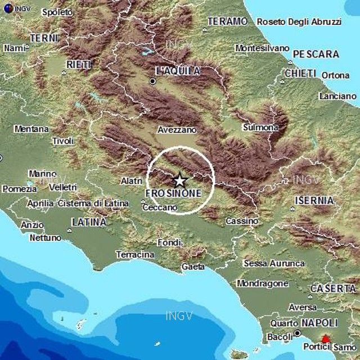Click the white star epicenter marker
point(179,181)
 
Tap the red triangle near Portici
point(325,339)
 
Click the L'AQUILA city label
point(177,71)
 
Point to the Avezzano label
point(177,129)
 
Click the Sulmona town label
point(260,128)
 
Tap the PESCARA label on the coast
point(316,55)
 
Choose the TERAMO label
point(227,21)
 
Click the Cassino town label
point(242,221)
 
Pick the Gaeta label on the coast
point(193,266)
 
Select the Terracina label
point(135,254)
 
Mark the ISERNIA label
point(314,200)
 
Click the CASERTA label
point(333,288)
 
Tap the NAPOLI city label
point(319,323)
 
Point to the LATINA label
point(89,222)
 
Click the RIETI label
point(79,65)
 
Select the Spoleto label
point(57,12)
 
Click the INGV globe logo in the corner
point(6,8)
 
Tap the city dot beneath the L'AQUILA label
point(152,82)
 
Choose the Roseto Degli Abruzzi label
point(299,22)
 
